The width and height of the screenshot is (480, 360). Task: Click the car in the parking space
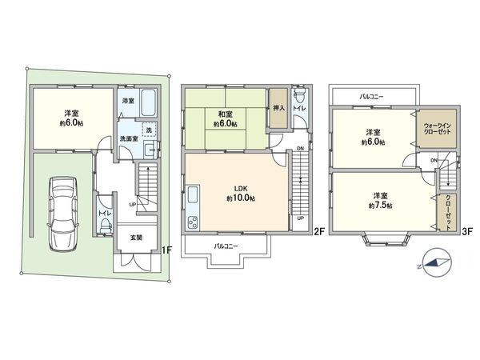(x=62, y=213)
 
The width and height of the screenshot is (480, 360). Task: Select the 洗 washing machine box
(x=148, y=130)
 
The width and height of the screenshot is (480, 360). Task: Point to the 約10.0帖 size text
(x=239, y=198)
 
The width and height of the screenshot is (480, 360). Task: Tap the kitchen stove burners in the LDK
(x=192, y=222)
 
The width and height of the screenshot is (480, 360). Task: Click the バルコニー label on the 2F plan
(x=229, y=246)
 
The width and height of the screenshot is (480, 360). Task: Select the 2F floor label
(x=318, y=234)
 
